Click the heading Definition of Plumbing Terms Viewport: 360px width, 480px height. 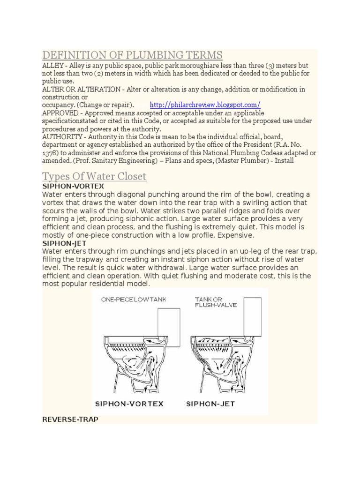[132, 55]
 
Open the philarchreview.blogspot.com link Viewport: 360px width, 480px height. [205, 105]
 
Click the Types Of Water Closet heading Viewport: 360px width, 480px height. [94, 177]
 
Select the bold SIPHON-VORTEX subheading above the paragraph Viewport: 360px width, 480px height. [66, 187]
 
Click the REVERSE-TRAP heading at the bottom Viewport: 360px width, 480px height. [70, 420]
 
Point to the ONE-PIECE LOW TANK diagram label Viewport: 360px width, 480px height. [134, 299]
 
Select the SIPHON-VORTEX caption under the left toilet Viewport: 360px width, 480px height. [129, 404]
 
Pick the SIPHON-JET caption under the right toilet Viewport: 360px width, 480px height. [210, 404]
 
